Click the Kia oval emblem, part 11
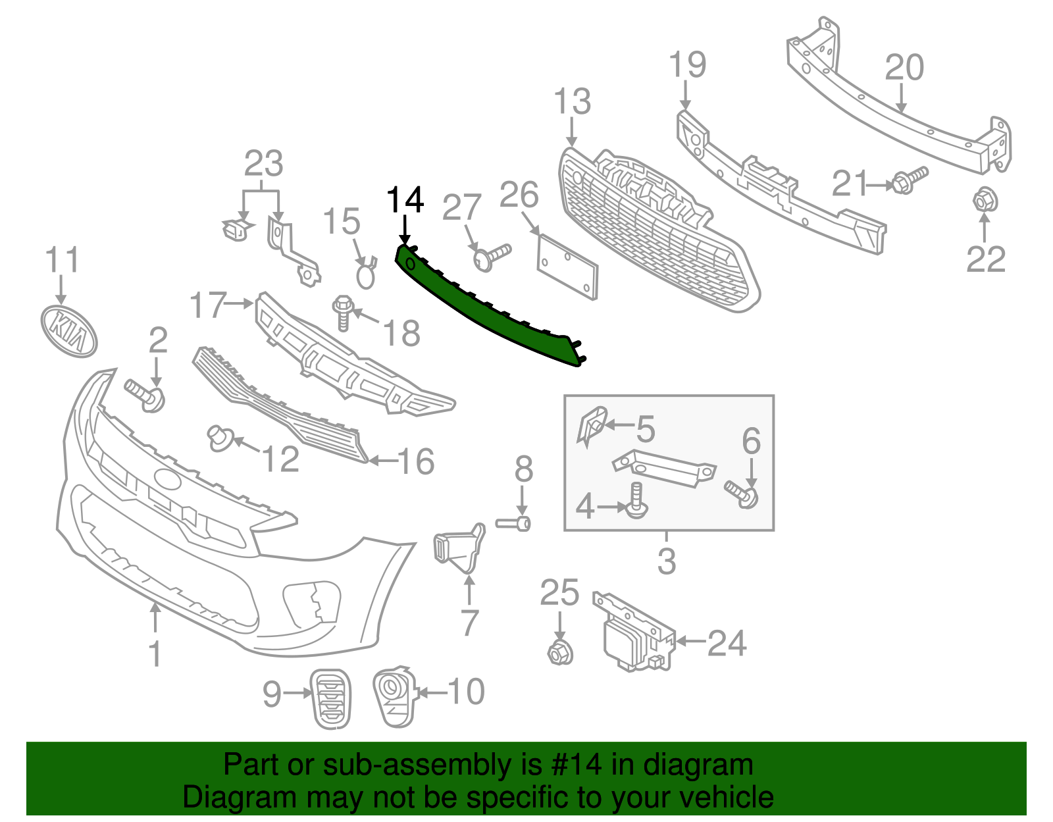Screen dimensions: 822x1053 pos(68,331)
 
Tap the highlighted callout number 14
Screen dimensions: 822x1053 pos(405,199)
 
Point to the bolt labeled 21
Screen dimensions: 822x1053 pos(910,180)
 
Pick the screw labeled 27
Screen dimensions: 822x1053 pos(491,257)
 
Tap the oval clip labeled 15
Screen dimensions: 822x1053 pos(366,274)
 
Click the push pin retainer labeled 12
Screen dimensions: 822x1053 pos(218,437)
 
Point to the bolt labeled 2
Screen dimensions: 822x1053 pos(146,395)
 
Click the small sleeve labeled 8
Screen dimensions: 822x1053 pos(514,524)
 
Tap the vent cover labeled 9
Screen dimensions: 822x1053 pos(331,698)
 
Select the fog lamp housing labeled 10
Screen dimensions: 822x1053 pos(395,697)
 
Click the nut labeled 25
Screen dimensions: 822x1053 pos(559,652)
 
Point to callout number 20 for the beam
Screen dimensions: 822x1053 pos(904,68)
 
